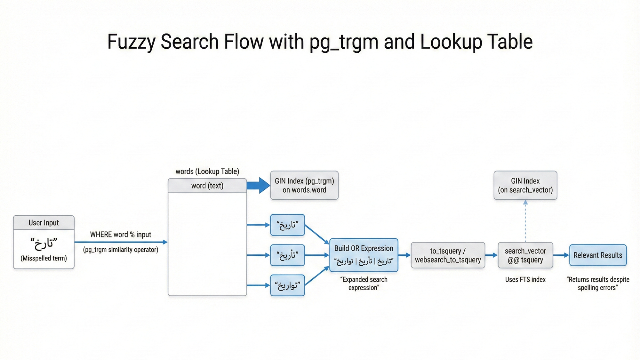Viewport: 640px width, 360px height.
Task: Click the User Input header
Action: (44, 223)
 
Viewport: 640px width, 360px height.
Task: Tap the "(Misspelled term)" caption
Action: (44, 258)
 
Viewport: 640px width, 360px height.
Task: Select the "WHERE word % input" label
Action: (121, 235)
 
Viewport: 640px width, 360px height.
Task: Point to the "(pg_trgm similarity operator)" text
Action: (121, 250)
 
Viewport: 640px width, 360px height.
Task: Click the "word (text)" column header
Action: (207, 186)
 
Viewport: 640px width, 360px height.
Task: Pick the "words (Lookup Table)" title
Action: (207, 172)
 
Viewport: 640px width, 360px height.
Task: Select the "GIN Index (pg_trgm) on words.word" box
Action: (304, 185)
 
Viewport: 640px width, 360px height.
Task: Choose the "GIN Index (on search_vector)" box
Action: (525, 185)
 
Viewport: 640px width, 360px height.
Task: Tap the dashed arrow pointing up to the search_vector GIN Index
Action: (525, 221)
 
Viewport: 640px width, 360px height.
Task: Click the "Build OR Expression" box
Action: (364, 255)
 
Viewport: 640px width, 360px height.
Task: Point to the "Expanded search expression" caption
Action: (364, 284)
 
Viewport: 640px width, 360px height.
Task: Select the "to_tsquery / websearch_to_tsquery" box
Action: (448, 255)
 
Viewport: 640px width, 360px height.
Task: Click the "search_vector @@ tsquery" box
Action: (525, 255)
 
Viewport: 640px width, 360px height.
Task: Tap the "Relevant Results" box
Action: (598, 255)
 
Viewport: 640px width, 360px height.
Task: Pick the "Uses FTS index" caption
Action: (525, 280)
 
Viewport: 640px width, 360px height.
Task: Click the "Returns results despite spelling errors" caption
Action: (598, 284)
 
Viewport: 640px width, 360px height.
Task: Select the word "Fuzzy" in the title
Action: (131, 42)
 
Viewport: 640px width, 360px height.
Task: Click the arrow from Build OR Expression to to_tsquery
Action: (404, 255)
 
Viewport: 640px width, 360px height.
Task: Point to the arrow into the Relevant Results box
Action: (561, 255)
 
